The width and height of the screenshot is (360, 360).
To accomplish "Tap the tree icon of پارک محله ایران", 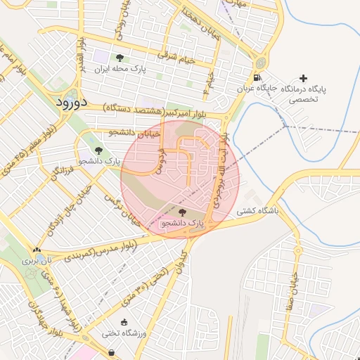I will [x=120, y=58].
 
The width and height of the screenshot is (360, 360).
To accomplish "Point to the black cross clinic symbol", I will [x=304, y=78].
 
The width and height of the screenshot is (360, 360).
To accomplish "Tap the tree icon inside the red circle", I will [x=183, y=212].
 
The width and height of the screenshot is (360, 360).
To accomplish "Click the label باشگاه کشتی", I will [x=257, y=210].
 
